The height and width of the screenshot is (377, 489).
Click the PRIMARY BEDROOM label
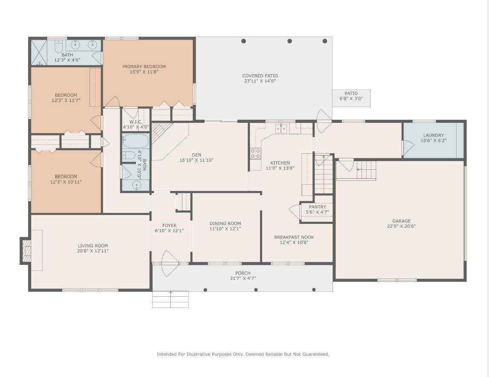click(x=144, y=67)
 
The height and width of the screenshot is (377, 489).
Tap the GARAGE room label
click(x=401, y=221)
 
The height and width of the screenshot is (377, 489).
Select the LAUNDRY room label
click(x=434, y=135)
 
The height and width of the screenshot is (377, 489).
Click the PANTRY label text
click(x=317, y=207)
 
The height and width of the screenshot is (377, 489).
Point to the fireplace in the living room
click(x=27, y=250)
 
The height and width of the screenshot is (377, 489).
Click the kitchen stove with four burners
click(x=255, y=154)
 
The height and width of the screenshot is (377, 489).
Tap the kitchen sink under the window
click(x=281, y=128)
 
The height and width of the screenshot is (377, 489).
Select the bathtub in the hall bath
click(x=135, y=141)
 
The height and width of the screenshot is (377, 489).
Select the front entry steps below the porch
click(x=171, y=299)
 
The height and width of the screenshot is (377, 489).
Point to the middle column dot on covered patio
click(x=289, y=41)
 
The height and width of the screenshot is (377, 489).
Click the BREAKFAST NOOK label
click(x=294, y=237)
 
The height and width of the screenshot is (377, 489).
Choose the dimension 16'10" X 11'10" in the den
click(x=197, y=160)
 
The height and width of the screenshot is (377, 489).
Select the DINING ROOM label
click(x=225, y=223)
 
